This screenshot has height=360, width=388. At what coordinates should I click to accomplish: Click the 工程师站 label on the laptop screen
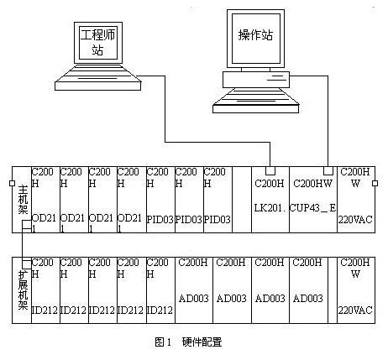[x=98, y=43]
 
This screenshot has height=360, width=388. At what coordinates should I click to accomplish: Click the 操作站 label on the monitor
[x=255, y=35]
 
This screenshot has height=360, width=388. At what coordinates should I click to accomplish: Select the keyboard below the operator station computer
[x=255, y=101]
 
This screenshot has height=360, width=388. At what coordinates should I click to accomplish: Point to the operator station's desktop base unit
[x=256, y=80]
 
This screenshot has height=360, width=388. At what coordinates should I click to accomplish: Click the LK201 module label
[x=270, y=208]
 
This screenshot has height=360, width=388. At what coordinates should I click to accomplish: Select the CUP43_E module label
[x=312, y=208]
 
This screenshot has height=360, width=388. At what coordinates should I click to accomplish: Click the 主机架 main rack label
[x=23, y=200]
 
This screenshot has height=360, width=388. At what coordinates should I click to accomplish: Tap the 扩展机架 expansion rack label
[x=23, y=290]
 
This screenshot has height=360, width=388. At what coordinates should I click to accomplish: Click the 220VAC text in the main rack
[x=355, y=220]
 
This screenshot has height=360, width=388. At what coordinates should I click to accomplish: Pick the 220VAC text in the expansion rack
[x=355, y=310]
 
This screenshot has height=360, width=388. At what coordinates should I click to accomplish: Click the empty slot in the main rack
[x=242, y=200]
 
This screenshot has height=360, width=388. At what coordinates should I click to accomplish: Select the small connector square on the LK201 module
[x=270, y=170]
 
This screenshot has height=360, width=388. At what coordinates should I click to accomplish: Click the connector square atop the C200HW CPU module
[x=328, y=170]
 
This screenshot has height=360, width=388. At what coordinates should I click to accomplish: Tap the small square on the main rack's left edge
[x=12, y=183]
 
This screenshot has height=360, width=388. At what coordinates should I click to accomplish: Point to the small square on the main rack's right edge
[x=375, y=183]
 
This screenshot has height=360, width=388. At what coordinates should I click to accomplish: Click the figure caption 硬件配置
[x=202, y=342]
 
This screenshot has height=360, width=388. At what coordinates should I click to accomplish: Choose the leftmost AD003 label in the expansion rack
[x=194, y=299]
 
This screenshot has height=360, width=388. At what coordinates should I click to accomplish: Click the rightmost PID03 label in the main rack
[x=218, y=220]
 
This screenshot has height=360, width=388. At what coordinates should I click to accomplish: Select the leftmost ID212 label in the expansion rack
[x=45, y=310]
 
